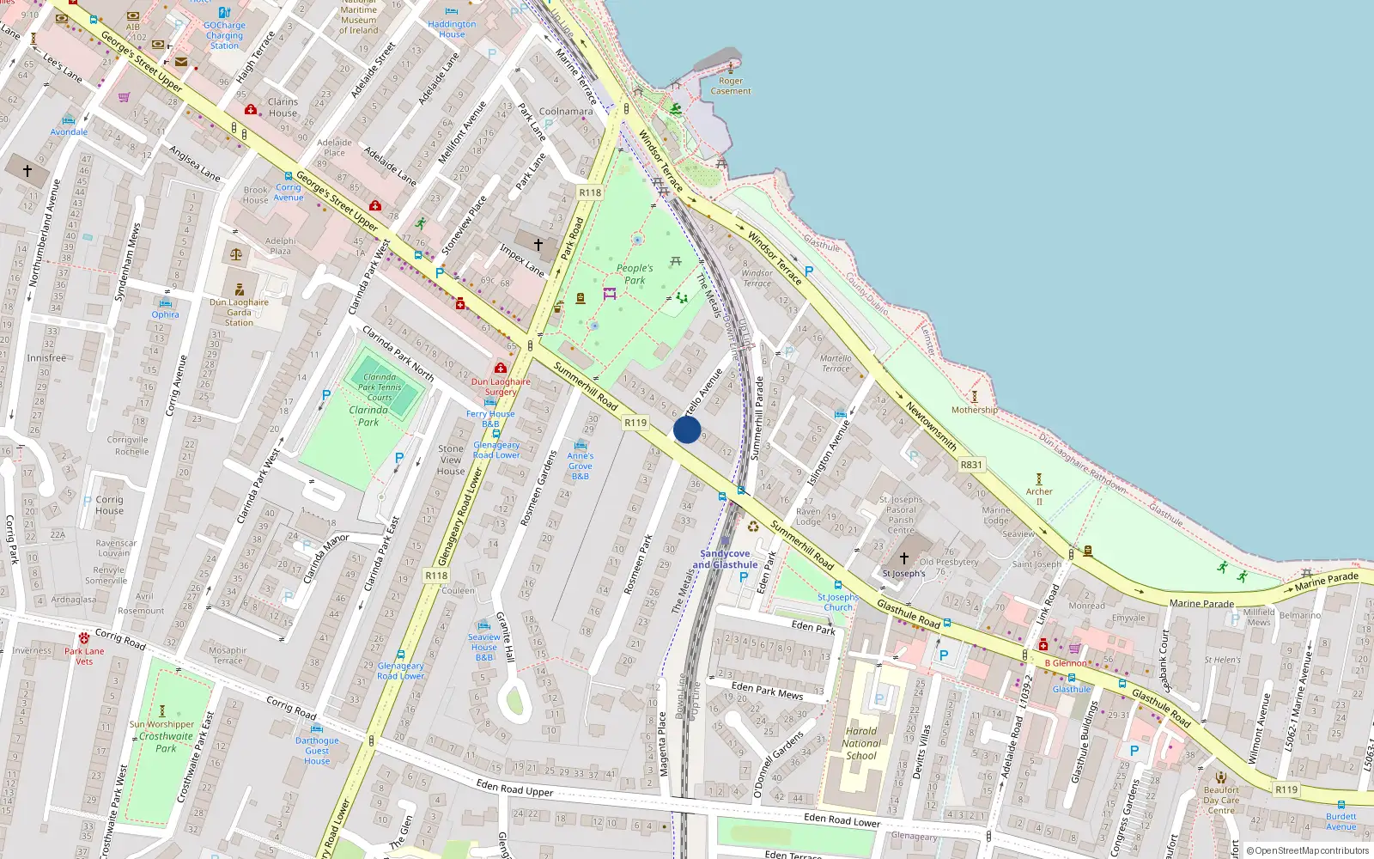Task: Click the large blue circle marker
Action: point(687,429)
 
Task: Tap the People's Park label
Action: point(635,274)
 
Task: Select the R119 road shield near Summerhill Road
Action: point(635,423)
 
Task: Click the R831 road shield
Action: point(971,465)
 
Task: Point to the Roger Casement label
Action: point(731,86)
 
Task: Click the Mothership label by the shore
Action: point(975,410)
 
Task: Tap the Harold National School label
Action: point(861,744)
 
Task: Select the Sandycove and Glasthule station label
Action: point(726,559)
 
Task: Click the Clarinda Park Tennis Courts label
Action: point(380,387)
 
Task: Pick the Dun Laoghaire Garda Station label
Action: point(239,312)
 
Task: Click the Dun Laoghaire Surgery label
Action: point(501,387)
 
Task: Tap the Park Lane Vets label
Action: point(84,655)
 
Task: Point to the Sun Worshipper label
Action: point(162,724)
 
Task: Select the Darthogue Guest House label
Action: point(317,750)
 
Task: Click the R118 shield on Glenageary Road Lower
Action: point(436,576)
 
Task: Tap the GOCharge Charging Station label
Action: point(224,35)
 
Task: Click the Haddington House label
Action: point(452,29)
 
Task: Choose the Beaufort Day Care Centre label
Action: point(1221,800)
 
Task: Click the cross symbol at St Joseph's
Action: point(903,558)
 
